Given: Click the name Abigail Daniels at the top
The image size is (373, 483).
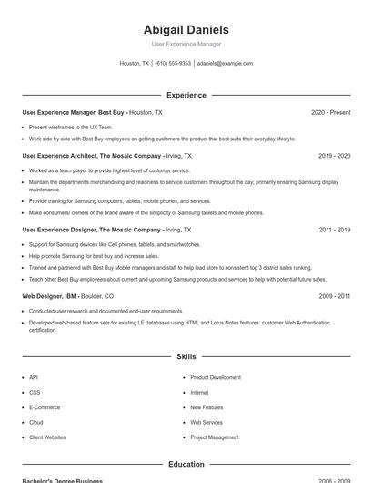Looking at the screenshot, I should click(186, 29).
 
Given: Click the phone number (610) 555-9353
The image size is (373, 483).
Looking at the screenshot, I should click(173, 64).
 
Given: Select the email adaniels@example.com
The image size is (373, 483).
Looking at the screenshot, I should click(225, 64).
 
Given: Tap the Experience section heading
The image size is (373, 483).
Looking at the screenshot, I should click(186, 95).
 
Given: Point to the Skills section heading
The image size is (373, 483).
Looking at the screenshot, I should click(186, 357).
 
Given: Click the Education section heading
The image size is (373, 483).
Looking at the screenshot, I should click(186, 464).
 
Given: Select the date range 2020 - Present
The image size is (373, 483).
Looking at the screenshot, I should click(330, 112).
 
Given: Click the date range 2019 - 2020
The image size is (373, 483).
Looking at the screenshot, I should click(334, 156).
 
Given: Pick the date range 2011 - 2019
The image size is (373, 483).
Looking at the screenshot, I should click(334, 230).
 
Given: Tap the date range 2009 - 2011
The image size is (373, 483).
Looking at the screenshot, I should click(334, 296).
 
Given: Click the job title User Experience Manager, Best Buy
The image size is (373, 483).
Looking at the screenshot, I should click(73, 112).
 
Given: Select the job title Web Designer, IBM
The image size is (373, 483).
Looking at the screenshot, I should click(49, 296).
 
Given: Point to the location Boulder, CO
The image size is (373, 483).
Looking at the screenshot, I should click(98, 296).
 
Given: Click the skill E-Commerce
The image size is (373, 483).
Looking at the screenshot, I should click(44, 407).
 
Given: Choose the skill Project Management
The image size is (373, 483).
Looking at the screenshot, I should click(215, 437).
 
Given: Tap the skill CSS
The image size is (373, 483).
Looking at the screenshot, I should click(35, 392).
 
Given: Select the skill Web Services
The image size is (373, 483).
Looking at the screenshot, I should click(207, 422).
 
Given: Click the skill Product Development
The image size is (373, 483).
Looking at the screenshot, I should click(216, 377).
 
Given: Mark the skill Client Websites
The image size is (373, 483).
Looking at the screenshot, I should click(47, 437).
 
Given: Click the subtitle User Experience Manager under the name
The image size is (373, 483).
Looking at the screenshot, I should click(186, 44).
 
